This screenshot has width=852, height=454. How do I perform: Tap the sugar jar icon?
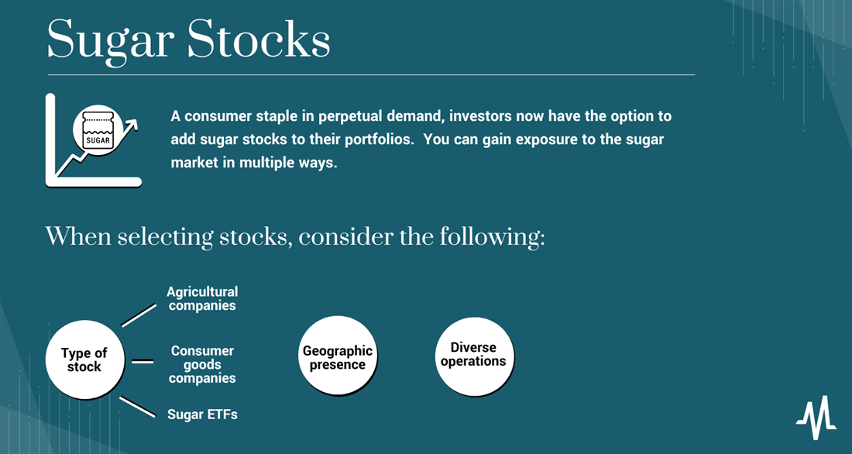[x=98, y=130]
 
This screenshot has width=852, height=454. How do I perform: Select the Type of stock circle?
[x=84, y=359]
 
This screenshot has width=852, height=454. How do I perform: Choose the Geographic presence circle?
[x=338, y=356]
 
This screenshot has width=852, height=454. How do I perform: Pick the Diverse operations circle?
[x=474, y=356]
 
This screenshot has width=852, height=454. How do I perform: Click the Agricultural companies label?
[x=202, y=298]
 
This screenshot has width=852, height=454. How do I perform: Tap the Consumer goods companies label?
[x=202, y=364]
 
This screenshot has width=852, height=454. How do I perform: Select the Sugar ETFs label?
[x=202, y=414]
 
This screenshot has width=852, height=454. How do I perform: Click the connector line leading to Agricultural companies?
[x=139, y=315]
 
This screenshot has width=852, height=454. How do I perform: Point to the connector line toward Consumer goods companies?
[x=143, y=361]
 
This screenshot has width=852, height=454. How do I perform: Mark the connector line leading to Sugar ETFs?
[x=137, y=408]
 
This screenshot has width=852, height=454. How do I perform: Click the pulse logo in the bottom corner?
[x=816, y=418]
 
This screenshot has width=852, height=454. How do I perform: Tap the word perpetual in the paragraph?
[x=349, y=116]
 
